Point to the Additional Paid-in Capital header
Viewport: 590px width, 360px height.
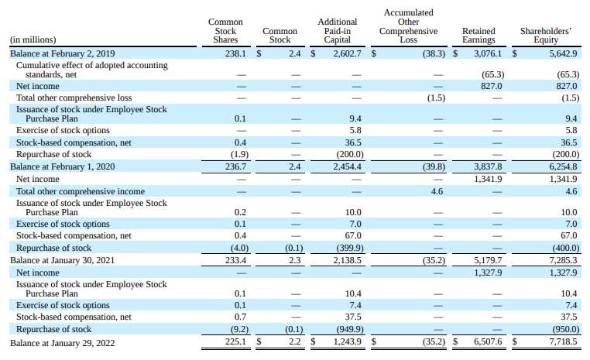click(338, 32)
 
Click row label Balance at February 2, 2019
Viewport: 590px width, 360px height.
click(63, 54)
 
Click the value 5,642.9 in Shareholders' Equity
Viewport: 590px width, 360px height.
click(563, 54)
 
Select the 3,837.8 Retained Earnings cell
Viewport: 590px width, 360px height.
click(488, 166)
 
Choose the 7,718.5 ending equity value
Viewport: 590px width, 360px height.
click(563, 342)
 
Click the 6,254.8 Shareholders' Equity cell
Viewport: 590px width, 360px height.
click(563, 166)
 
